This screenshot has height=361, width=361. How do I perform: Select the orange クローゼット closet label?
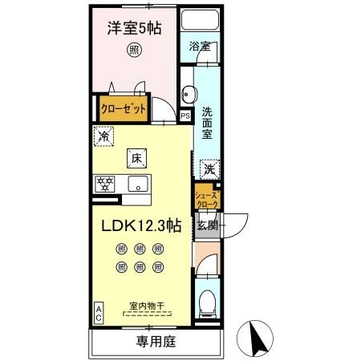pos(123,109)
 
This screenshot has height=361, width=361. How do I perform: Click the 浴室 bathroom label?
pos(200,47)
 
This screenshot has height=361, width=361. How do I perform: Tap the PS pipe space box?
pos(186,116)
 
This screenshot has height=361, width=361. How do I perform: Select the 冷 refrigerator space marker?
pos(103,137)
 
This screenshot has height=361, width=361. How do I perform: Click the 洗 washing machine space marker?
pos(208,169)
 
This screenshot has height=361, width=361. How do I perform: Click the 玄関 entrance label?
pos(207,225)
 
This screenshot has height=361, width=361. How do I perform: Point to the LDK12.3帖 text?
pos(140,227)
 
